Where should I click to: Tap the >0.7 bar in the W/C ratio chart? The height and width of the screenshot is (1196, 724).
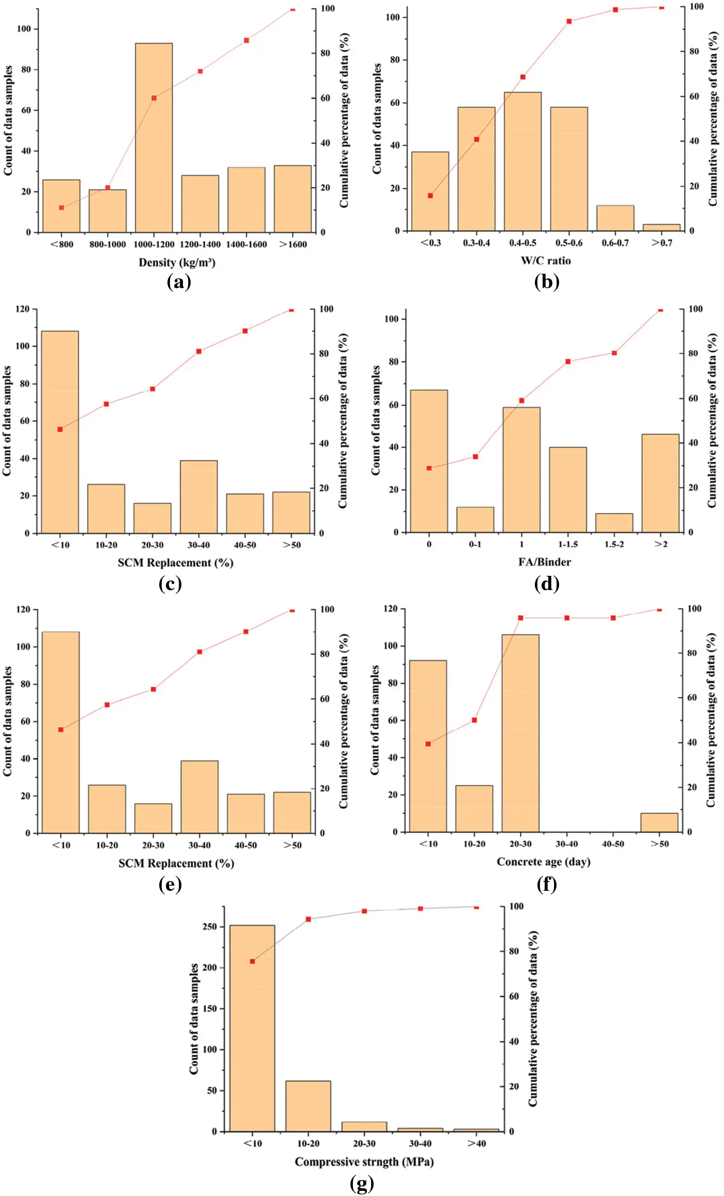pos(661,227)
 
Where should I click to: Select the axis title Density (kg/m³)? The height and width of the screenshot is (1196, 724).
pos(177,262)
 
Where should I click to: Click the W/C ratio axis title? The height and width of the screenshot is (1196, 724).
pos(546,260)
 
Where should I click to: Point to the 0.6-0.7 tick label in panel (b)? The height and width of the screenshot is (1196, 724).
pos(615,243)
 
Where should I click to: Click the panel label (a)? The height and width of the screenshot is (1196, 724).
pos(179,282)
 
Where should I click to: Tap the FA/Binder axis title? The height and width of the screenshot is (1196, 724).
pos(545,562)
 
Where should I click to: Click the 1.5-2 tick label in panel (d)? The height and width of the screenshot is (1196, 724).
pos(614,544)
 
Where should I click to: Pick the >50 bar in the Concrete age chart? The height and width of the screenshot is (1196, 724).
pos(659,822)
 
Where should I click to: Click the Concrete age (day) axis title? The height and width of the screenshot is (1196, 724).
pos(544,861)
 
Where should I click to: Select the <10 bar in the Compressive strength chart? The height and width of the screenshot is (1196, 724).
pos(252,1028)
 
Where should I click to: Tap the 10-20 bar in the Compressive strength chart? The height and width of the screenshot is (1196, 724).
pos(308,1106)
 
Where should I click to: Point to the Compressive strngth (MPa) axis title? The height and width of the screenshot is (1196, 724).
pos(364,1161)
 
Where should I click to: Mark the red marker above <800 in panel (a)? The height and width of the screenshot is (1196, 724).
pos(61,208)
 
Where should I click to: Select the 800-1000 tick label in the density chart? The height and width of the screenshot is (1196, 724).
pos(107,244)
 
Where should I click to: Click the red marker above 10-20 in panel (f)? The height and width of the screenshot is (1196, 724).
pos(474,720)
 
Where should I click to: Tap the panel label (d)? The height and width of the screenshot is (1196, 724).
pos(547,584)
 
